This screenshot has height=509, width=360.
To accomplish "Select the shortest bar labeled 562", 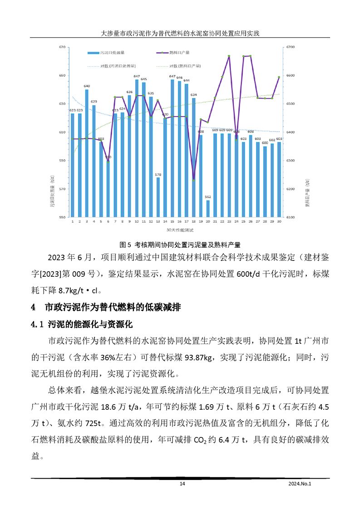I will pyautogui.click(x=208, y=209).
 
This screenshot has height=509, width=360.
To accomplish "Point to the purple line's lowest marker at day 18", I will pyautogui.click(x=194, y=180).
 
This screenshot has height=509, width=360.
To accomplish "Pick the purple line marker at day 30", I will pyautogui.click(x=279, y=77).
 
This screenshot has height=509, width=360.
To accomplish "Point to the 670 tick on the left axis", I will pyautogui.click(x=62, y=47).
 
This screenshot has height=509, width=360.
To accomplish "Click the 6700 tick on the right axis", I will pyautogui.click(x=291, y=47).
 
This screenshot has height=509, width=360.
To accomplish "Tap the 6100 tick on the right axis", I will pyautogui.click(x=291, y=217).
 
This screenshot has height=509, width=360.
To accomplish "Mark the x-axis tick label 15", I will pyautogui.click(x=172, y=222).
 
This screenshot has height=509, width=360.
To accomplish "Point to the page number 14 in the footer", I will pyautogui.click(x=182, y=484).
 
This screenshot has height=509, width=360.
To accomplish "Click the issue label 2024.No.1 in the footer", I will pyautogui.click(x=301, y=484).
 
